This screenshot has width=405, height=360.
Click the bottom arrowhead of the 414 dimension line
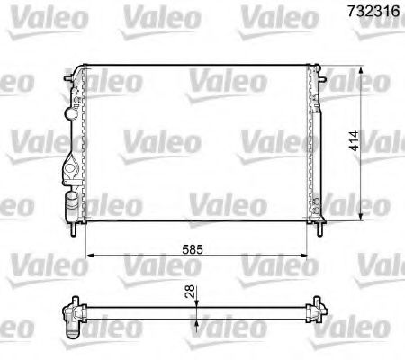(362, 217)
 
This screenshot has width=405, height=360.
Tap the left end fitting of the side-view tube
(71, 314)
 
